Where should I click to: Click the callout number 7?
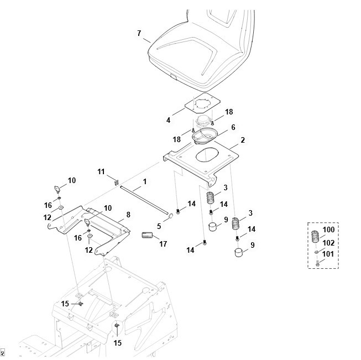click(139, 34)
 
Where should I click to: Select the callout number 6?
click(233, 127)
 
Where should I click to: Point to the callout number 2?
click(242, 140)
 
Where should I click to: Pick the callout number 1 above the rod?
click(144, 181)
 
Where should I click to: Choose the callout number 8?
click(128, 214)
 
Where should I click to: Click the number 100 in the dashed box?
click(328, 229)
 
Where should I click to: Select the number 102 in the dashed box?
click(328, 242)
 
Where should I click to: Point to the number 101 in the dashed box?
click(328, 254)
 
